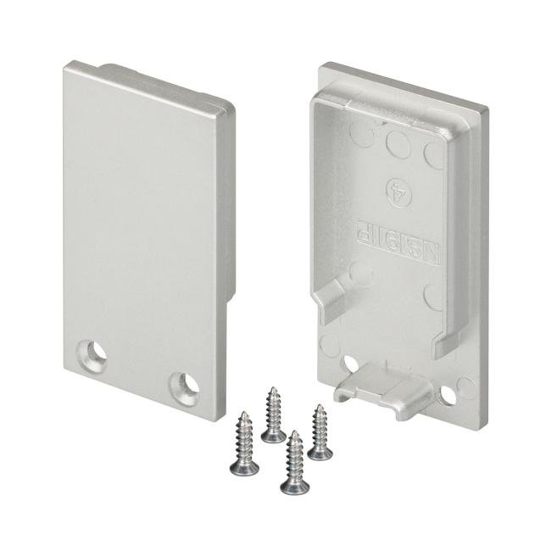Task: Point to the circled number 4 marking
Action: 393,185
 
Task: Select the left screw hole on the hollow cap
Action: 350,364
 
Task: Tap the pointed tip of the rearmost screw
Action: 273,389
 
